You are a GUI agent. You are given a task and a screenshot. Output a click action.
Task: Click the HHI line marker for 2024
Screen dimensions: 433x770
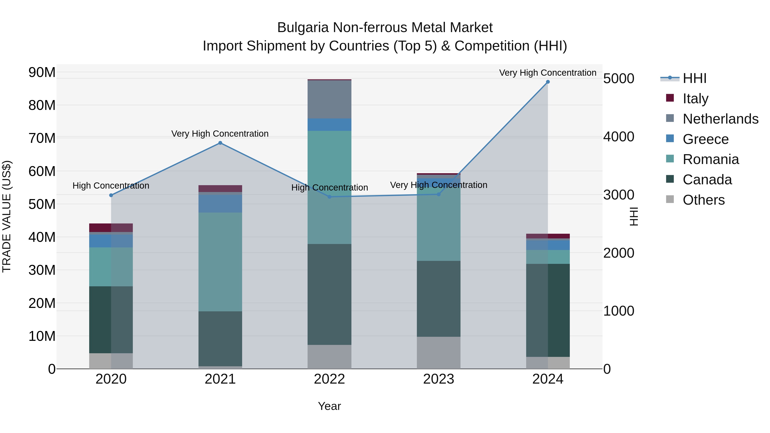[548, 82]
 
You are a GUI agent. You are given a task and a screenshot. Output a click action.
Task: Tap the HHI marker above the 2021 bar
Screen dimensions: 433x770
[220, 143]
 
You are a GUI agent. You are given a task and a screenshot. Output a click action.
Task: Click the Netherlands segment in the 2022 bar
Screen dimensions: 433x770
[329, 99]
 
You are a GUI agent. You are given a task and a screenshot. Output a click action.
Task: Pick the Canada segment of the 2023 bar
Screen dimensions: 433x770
[438, 299]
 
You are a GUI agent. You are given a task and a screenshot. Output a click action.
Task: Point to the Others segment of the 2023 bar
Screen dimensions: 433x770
[438, 353]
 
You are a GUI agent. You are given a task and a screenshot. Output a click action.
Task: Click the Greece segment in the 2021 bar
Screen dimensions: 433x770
[220, 204]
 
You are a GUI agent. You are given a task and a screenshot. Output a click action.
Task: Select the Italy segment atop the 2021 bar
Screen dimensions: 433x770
[220, 189]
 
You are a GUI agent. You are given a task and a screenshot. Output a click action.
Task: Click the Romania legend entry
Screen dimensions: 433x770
[711, 159]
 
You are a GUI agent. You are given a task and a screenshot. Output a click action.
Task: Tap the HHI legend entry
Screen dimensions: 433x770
[694, 78]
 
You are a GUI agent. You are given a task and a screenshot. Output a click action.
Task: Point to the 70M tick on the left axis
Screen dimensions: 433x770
[42, 138]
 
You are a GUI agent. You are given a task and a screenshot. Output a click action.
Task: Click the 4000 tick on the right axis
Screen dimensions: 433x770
[618, 137]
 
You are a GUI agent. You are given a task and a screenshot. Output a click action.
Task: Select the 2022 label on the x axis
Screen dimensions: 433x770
[329, 379]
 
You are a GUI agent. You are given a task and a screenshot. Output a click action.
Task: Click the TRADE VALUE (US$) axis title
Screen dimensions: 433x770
[7, 216]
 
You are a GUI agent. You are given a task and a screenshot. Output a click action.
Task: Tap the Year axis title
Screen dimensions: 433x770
[329, 406]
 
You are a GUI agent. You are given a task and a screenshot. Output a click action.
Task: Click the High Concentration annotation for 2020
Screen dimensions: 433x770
[111, 186]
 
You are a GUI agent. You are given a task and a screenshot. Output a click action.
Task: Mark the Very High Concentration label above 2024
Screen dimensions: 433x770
[548, 73]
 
